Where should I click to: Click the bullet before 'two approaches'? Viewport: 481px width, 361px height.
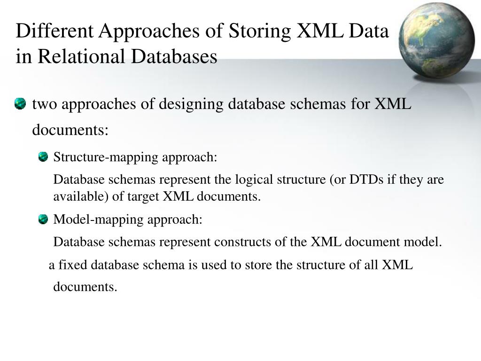20,104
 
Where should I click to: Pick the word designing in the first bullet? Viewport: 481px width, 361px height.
192,104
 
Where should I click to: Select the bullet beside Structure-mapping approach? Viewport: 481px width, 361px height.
43,157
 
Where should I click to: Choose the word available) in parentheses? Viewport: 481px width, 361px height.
81,196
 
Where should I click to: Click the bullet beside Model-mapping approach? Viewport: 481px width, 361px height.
43,219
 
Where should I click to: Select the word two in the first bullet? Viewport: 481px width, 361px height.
41,104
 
